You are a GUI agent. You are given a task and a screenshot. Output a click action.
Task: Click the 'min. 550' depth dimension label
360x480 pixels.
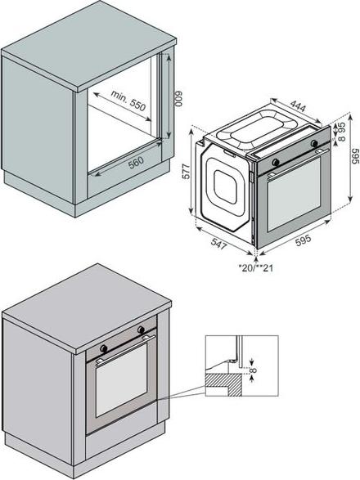tap(128, 100)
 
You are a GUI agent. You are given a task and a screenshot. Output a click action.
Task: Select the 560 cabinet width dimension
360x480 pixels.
tap(136, 163)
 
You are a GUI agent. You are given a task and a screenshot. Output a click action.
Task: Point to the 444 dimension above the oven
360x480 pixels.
tap(298, 106)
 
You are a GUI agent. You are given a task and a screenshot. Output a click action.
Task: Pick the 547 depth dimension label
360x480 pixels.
tap(219, 244)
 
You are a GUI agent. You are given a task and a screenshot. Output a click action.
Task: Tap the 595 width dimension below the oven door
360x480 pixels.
tap(303, 240)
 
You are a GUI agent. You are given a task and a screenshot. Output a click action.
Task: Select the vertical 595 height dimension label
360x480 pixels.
tap(355, 156)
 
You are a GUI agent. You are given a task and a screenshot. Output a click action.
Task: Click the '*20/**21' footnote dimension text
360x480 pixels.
tap(256, 268)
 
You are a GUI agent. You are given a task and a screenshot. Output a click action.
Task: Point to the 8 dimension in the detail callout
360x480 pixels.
tap(254, 370)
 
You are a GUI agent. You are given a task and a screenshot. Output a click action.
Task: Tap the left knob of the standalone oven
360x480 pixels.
tap(276, 162)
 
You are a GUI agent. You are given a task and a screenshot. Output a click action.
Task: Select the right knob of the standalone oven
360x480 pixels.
tap(314, 143)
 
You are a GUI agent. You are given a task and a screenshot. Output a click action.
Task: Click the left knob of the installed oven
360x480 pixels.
tap(104, 348)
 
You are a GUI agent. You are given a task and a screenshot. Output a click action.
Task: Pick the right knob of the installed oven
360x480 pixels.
tap(141, 330)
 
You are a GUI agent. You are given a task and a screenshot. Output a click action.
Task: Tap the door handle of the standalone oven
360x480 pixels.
tap(298, 164)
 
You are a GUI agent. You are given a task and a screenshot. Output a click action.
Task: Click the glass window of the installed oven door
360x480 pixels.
tap(122, 380)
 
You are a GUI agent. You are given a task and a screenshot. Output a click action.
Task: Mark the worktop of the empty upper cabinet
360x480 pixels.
tap(89, 46)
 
